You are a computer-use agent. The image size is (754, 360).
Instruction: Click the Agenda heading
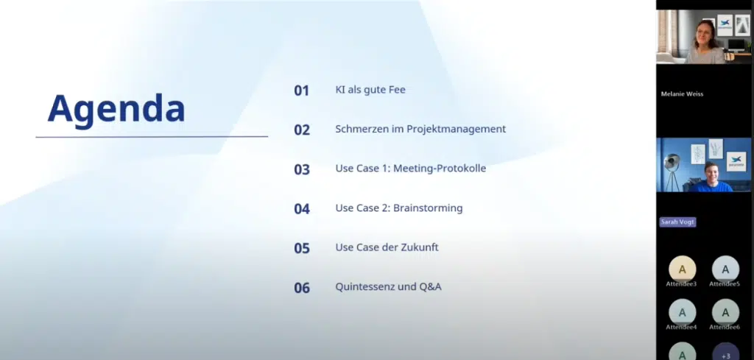click(x=116, y=110)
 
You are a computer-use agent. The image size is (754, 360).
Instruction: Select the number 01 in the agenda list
click(x=301, y=91)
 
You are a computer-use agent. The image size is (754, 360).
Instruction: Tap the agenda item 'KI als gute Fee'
click(x=370, y=90)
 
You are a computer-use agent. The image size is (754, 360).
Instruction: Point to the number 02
click(x=302, y=130)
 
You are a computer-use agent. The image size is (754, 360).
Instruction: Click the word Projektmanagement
click(x=457, y=130)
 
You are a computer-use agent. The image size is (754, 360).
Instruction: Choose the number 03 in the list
click(x=302, y=169)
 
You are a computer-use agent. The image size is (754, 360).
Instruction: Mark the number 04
click(x=302, y=208)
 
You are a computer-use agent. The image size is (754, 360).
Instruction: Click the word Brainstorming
click(x=428, y=208)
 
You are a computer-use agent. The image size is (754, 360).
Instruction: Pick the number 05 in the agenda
click(x=302, y=248)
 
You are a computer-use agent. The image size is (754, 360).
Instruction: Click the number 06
click(x=302, y=287)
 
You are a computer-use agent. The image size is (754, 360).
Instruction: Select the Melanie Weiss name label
click(x=682, y=93)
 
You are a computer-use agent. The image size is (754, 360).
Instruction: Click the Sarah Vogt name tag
click(x=677, y=222)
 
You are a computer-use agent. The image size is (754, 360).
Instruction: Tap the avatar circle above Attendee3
click(x=682, y=269)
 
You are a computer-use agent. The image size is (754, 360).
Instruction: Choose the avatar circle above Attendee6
click(x=725, y=312)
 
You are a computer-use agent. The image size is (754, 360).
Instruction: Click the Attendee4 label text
click(x=681, y=328)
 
